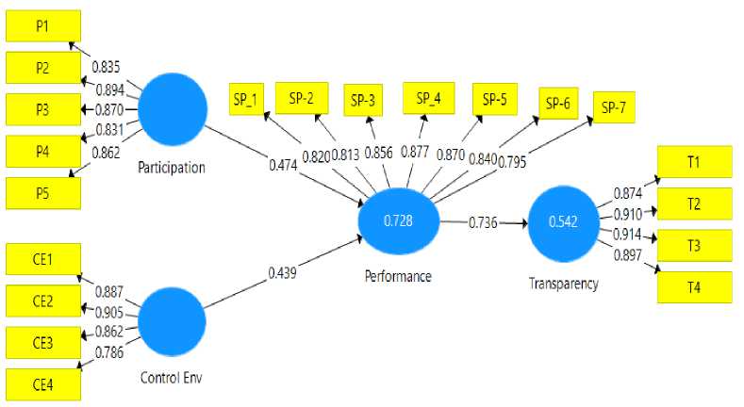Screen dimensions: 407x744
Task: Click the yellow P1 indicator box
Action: pos(43,25)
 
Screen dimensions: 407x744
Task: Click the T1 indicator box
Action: pos(693,163)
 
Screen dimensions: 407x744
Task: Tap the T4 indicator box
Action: pos(693,286)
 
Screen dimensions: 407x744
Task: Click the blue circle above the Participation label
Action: pos(171,110)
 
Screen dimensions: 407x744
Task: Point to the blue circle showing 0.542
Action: pos(563,222)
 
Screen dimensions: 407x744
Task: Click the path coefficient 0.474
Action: pos(282,166)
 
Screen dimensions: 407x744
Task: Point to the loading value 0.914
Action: pos(627,234)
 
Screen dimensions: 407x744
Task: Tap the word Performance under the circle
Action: pos(398,276)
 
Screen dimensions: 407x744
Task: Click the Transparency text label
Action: pos(565,283)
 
